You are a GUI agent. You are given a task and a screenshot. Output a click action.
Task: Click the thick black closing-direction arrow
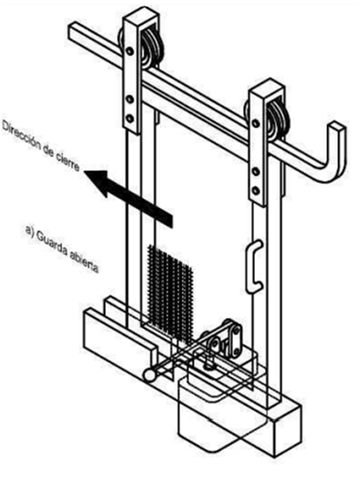(x=128, y=198)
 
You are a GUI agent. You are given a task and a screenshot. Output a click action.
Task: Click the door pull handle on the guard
(x=254, y=266)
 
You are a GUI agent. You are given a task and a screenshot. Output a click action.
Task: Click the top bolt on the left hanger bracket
(x=130, y=51)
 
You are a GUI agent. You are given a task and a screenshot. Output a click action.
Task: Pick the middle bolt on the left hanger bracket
(x=130, y=99)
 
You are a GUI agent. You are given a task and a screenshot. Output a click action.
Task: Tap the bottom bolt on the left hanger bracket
(x=130, y=118)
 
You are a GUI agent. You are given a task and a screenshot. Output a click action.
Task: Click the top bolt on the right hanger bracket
(x=256, y=123)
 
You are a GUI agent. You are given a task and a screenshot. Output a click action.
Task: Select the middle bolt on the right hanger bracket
(x=256, y=172)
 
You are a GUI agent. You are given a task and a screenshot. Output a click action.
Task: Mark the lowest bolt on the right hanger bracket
(x=256, y=190)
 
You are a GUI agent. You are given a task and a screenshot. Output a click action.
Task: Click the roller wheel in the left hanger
(x=152, y=49)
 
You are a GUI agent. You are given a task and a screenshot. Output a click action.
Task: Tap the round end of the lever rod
(x=149, y=375)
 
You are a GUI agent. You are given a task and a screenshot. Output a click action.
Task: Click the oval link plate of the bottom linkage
(x=235, y=340)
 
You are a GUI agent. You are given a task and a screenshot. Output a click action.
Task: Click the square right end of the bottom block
(x=287, y=428)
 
